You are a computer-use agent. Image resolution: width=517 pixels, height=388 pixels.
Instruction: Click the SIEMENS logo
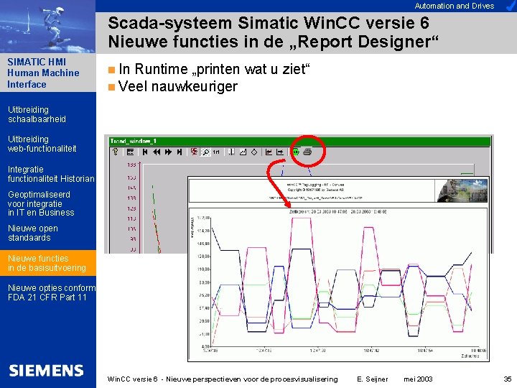(x=47, y=371)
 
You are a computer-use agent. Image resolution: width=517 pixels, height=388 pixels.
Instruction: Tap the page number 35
(x=508, y=379)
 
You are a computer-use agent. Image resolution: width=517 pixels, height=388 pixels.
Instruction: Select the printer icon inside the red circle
(x=307, y=152)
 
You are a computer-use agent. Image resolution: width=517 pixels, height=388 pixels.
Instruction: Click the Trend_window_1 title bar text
(x=134, y=141)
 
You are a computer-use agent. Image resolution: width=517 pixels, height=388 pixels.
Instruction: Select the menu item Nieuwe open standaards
(x=33, y=233)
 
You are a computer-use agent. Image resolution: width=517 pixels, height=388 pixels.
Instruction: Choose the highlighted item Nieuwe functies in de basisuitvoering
(x=47, y=263)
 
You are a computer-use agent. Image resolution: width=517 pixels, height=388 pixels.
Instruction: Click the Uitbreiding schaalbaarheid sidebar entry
(x=37, y=114)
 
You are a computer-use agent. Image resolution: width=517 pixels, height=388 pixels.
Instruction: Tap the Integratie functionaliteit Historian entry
(x=50, y=174)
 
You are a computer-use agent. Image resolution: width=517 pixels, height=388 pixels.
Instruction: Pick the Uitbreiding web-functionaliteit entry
(x=42, y=144)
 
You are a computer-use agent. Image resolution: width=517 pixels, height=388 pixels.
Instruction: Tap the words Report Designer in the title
(x=363, y=41)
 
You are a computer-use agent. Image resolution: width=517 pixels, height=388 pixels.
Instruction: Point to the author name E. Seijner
(x=372, y=379)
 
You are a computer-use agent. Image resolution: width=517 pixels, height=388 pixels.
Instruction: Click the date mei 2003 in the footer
(x=418, y=379)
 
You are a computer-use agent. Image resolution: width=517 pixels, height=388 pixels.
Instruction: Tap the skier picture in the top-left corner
(x=47, y=26)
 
